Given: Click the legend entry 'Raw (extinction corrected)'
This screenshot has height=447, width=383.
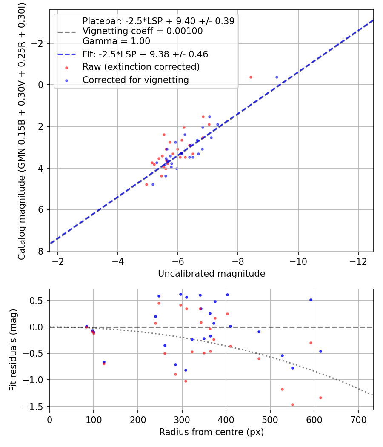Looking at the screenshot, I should [x=141, y=67].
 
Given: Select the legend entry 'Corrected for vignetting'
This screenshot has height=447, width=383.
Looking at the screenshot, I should [x=135, y=80].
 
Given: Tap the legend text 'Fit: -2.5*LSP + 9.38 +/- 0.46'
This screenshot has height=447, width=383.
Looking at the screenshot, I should [x=145, y=54].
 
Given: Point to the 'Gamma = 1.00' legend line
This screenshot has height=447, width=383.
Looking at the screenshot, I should [x=116, y=41].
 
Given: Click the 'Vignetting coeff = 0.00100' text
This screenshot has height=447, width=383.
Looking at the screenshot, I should [x=143, y=31].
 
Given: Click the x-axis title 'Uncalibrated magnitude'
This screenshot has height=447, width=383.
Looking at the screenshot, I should [x=212, y=274].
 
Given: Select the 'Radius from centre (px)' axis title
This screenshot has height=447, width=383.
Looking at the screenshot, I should [x=212, y=432].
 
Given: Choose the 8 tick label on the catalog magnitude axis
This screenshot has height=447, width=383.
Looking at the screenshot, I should [x=41, y=251].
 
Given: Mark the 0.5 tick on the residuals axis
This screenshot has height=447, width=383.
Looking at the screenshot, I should [x=39, y=301].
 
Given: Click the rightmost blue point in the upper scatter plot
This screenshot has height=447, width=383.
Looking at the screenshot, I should [x=277, y=77].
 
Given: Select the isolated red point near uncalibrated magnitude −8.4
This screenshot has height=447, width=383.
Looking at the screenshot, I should [x=251, y=77].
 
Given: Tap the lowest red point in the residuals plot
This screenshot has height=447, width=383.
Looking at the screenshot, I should [x=292, y=404].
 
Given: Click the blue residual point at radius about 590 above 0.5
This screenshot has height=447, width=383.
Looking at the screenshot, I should [x=311, y=300].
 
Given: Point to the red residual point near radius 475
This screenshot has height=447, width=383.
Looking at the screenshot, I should [x=259, y=358].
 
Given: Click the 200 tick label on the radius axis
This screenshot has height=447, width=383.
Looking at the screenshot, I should [x=138, y=420].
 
